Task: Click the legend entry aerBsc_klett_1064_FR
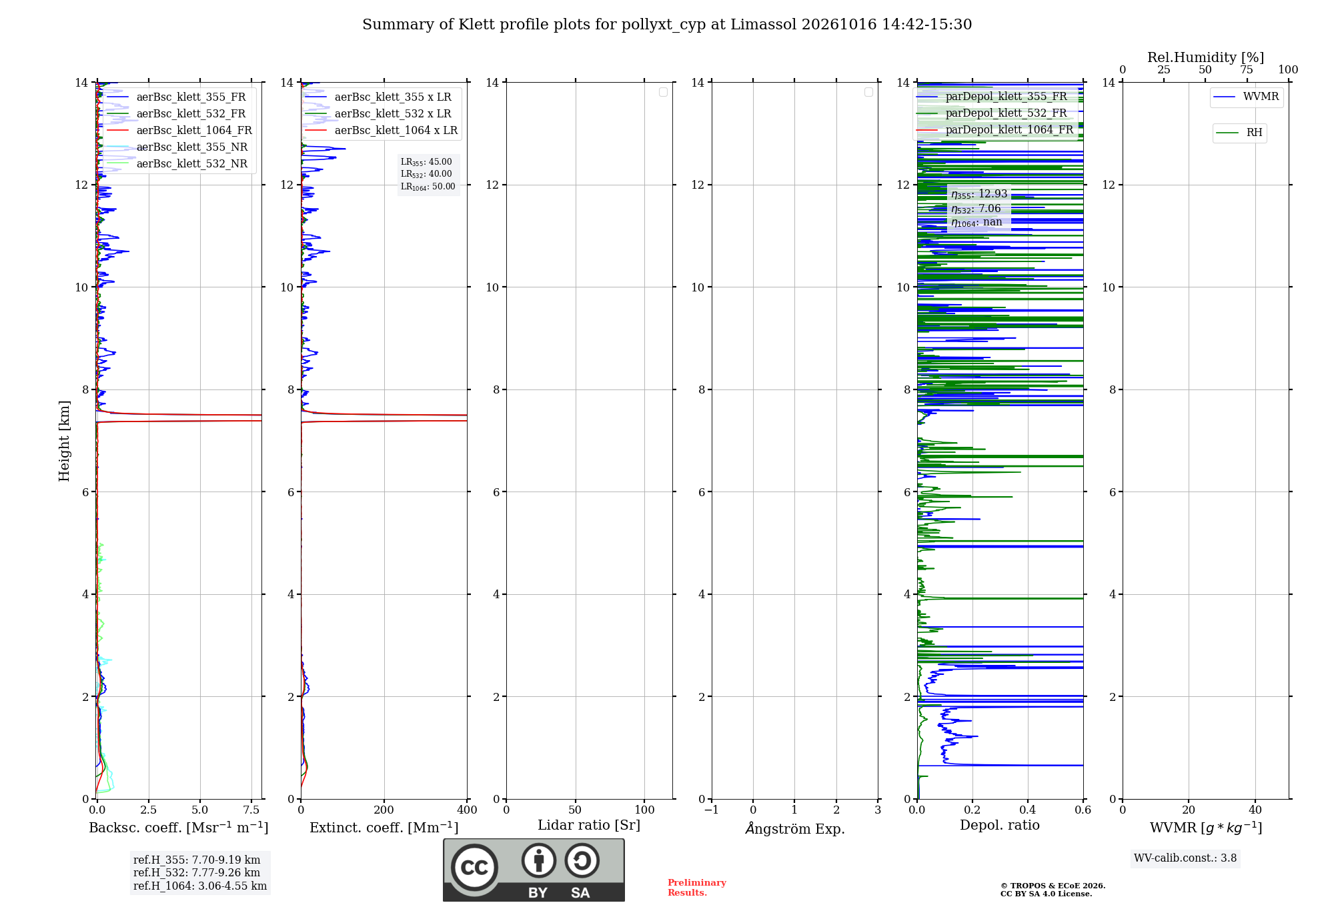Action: click(x=179, y=130)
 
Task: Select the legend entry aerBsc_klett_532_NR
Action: click(x=177, y=163)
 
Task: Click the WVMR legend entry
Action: click(x=1246, y=97)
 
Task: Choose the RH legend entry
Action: click(x=1239, y=132)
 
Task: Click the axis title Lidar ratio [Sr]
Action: click(x=589, y=825)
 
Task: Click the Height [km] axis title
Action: click(x=64, y=441)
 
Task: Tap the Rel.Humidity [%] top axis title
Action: click(x=1205, y=57)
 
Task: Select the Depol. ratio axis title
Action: click(x=1000, y=825)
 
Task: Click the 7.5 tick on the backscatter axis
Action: click(x=251, y=810)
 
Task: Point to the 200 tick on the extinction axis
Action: click(x=384, y=810)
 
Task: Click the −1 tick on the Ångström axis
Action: click(x=712, y=810)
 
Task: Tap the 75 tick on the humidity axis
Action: click(x=1247, y=69)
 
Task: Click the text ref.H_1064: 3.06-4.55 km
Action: click(x=200, y=886)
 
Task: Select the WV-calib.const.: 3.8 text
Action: click(x=1185, y=858)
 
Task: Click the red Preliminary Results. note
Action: click(x=697, y=888)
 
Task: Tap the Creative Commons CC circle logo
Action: click(x=474, y=868)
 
